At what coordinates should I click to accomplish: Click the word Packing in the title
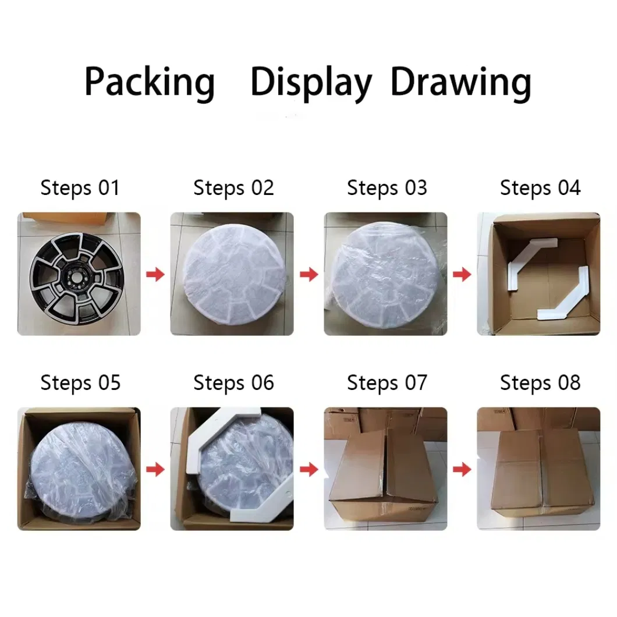tap(150, 83)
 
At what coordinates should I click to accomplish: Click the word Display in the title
tap(311, 83)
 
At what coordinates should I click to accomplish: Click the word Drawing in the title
tap(460, 83)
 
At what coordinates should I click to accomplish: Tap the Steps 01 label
tap(80, 188)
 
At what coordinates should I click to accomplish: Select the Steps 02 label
tap(233, 188)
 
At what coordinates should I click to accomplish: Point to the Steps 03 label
tap(387, 188)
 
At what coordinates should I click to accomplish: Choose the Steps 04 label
tap(540, 188)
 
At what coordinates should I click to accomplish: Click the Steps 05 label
tap(80, 382)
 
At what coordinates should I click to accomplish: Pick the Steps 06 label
tap(233, 382)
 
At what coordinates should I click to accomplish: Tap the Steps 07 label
tap(387, 382)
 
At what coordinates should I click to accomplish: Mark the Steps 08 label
tap(540, 382)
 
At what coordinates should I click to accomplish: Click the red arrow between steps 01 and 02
tap(155, 274)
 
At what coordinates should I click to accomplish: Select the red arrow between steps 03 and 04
tap(462, 274)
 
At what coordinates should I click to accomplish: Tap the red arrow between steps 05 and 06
tap(155, 469)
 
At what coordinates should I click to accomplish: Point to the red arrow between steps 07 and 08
tap(462, 469)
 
